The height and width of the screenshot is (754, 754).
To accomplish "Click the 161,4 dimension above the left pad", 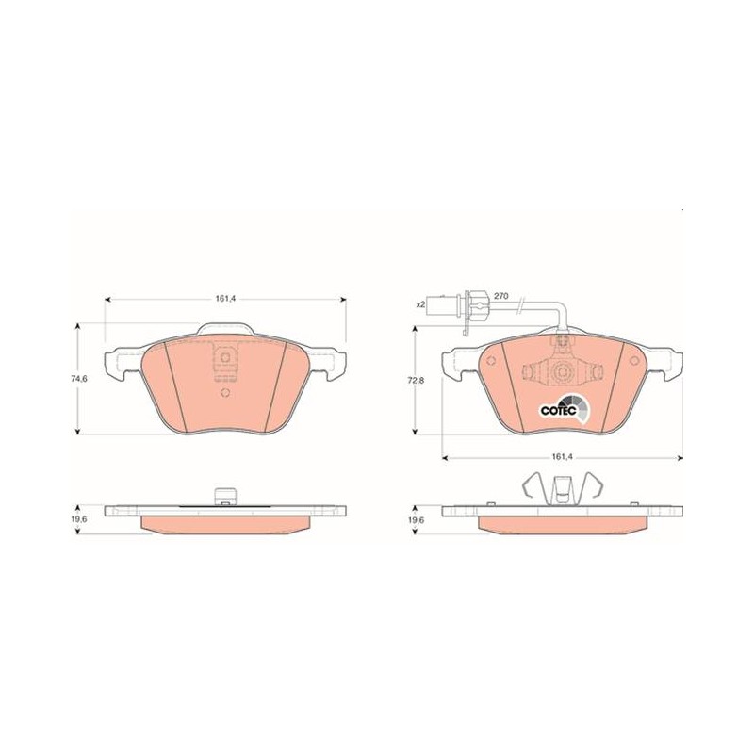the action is (225, 299).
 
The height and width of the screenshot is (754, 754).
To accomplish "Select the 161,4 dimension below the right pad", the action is (562, 457).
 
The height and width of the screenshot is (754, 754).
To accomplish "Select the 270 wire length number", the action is (501, 296).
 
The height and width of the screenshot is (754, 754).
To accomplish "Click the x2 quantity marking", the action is (420, 304).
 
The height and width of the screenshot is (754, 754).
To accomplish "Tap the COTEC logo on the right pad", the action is (564, 408).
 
